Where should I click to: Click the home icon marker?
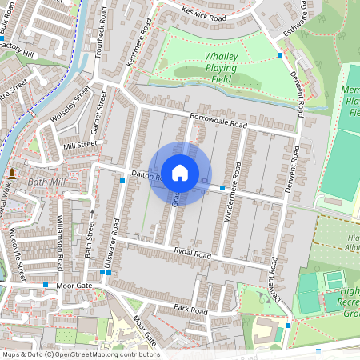[x=180, y=172]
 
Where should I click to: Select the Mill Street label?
[x=79, y=146]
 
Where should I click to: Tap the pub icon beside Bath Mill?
[x=13, y=172]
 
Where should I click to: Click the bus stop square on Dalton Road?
[x=222, y=187]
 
